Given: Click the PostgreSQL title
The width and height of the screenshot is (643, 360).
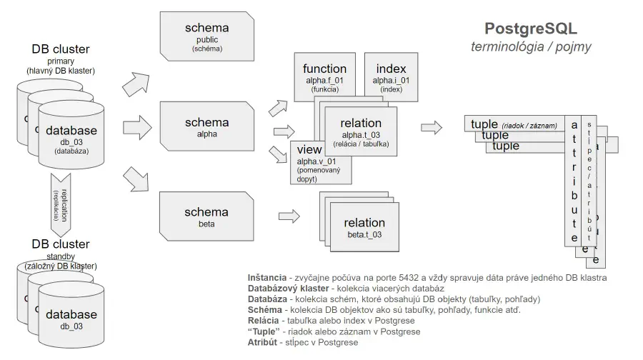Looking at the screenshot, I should point(531,29).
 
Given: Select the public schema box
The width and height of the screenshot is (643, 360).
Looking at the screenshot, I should point(206,35).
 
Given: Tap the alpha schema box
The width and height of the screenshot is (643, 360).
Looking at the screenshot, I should point(206,126).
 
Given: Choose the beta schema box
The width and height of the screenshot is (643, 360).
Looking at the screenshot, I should point(206,216).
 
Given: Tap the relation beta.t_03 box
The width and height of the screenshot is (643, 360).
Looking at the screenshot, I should point(364,227).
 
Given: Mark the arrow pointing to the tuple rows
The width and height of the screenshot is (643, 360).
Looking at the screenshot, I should point(432,127).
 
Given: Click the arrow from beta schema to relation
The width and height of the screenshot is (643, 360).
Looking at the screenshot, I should point(289,214).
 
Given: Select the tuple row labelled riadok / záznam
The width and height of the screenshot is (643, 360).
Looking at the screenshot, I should point(514,125).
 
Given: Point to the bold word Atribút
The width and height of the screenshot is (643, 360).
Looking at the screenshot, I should point(264,342).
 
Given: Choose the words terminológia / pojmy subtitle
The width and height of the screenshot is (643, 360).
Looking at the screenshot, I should point(531,47).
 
